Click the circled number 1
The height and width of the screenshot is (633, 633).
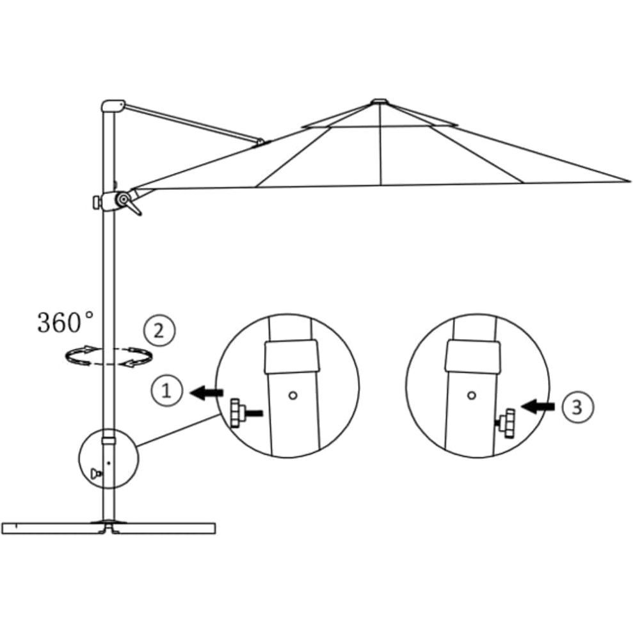point(166,391)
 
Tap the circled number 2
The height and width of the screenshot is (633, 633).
point(159,331)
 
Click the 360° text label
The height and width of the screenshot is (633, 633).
point(65,322)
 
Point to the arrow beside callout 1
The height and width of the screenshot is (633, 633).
point(206,392)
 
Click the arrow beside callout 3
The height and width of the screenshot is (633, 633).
point(538,407)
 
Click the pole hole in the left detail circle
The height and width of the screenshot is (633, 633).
point(293,396)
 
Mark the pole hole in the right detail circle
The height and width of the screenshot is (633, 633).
point(472,396)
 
